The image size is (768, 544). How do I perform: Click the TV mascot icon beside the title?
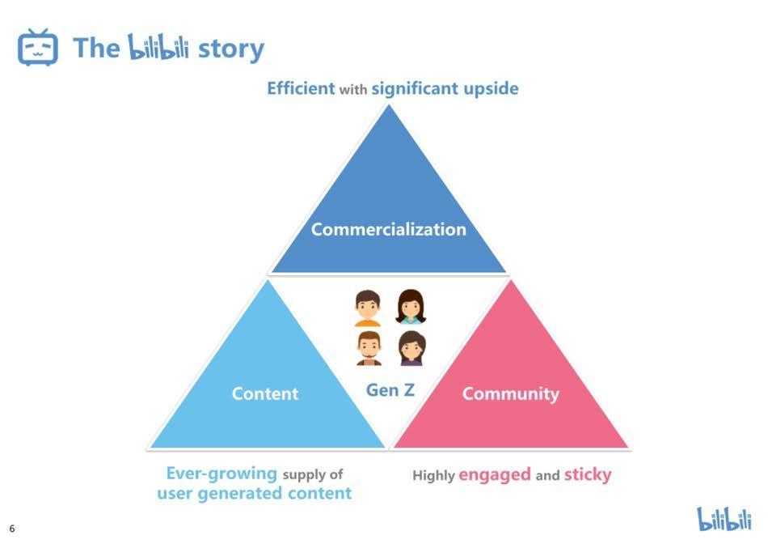point(38,47)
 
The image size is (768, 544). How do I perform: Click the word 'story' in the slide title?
point(230,49)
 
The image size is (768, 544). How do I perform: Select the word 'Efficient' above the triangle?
point(301,88)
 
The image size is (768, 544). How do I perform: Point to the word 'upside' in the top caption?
point(491,88)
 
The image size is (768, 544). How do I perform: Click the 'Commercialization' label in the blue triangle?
point(389,229)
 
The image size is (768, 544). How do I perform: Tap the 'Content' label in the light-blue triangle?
point(265,393)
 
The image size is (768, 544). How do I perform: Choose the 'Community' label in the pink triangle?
point(510,393)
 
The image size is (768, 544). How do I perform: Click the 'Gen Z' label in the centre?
point(390,390)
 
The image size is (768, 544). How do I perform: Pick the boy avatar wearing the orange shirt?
point(368,308)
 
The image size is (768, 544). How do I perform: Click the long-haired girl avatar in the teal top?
point(411,307)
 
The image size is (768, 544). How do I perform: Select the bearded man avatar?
point(369,348)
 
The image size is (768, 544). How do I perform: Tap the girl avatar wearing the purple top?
point(411,348)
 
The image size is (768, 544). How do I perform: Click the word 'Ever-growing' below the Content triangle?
point(222,474)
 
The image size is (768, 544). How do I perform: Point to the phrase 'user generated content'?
point(255,493)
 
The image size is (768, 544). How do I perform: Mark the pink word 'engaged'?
point(495,474)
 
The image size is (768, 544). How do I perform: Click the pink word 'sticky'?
point(588,474)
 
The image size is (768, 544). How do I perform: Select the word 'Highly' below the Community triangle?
point(433,476)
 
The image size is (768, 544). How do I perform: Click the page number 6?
point(12,529)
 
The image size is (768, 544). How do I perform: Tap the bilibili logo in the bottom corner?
point(724,519)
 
